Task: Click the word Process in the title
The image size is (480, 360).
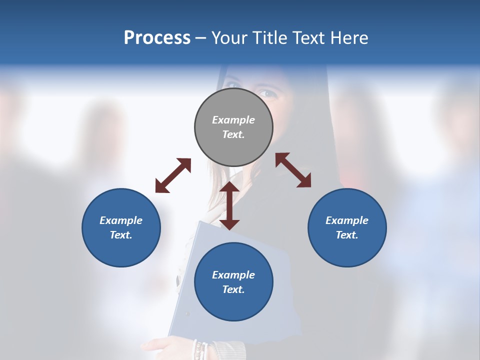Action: tap(157, 38)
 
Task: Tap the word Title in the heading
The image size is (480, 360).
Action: tap(270, 38)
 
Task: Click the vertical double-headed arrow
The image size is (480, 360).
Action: tap(229, 205)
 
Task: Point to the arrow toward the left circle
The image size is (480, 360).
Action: tap(173, 175)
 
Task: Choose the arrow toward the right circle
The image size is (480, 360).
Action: tap(293, 170)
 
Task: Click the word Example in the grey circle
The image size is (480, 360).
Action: tap(233, 120)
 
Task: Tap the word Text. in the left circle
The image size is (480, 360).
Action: tap(121, 235)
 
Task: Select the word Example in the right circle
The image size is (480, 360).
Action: tap(347, 220)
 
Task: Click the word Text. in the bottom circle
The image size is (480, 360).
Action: tap(233, 289)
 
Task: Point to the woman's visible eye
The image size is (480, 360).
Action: tap(266, 93)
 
